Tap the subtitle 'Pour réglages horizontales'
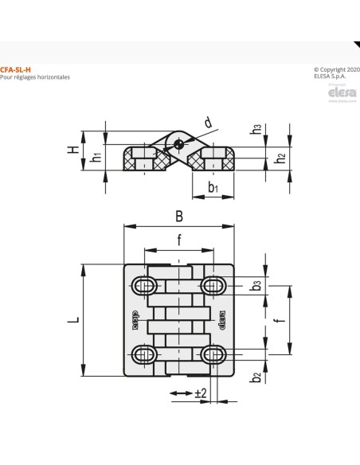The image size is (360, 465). click(36, 77)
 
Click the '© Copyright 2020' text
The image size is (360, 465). click(337, 70)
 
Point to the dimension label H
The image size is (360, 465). click(72, 149)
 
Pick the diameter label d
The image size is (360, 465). click(208, 123)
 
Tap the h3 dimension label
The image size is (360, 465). click(255, 129)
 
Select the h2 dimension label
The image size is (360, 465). click(280, 158)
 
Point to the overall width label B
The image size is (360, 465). click(179, 215)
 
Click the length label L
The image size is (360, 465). click(72, 320)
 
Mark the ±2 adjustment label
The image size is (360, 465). click(200, 393)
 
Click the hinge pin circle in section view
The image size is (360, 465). click(182, 144)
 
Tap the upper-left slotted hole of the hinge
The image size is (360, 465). click(146, 285)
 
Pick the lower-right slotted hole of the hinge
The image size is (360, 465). click(213, 354)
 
